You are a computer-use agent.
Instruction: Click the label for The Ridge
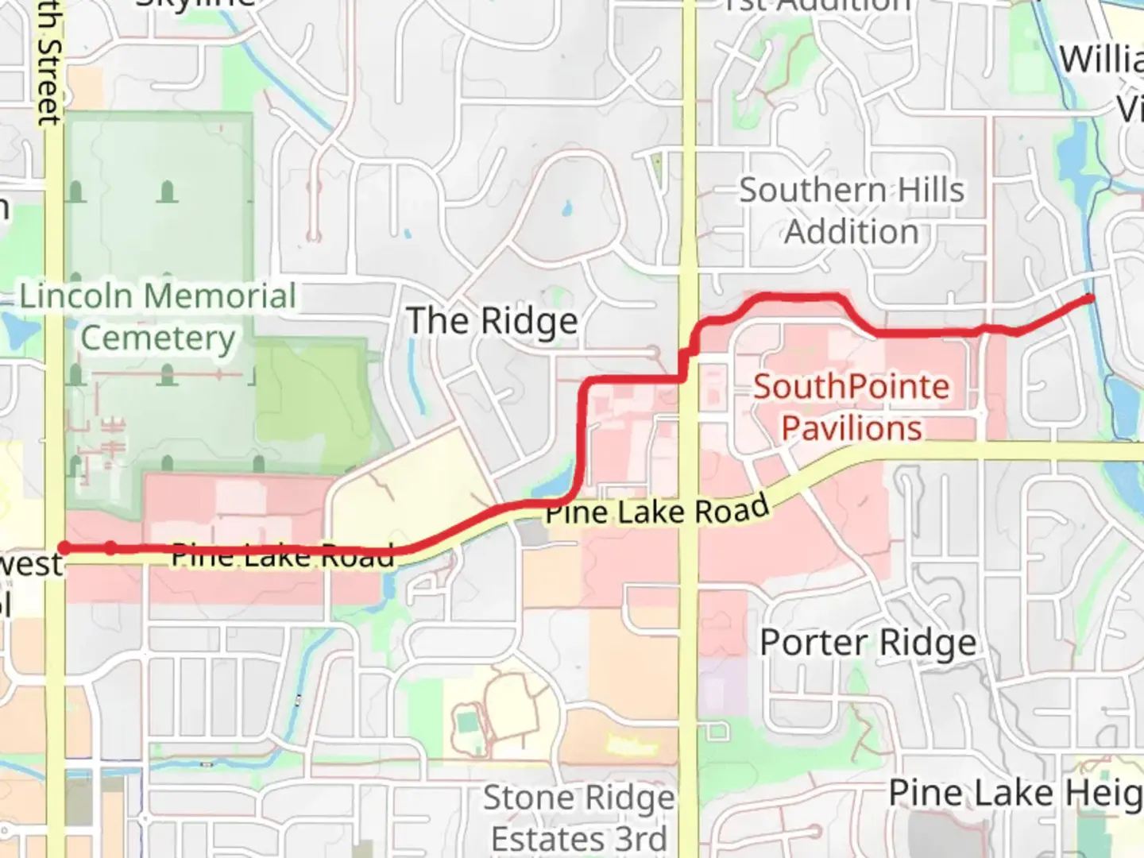coord(492,322)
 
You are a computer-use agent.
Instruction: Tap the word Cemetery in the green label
coord(158,338)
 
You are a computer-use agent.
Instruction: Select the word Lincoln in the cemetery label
coord(75,296)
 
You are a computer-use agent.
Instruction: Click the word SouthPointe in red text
coord(851,387)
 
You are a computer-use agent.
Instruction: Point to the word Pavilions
coord(851,428)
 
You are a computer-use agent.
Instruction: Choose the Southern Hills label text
coord(851,191)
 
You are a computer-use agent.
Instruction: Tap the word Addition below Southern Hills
coord(851,232)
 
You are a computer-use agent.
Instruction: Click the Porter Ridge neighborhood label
coord(868,643)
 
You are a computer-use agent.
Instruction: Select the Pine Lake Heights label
coord(1015,793)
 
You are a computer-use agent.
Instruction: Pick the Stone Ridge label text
coord(578,798)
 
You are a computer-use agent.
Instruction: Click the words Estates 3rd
coord(578,839)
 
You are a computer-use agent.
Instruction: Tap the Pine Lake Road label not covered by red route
coord(657,511)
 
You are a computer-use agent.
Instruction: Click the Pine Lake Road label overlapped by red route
coord(282,555)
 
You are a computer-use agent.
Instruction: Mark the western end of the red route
coord(64,548)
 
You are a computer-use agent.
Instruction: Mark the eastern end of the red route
coord(1090,299)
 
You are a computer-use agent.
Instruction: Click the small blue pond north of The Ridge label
coord(566,210)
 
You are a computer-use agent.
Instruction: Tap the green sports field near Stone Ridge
coord(466,724)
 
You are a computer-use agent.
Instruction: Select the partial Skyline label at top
coord(195,4)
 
